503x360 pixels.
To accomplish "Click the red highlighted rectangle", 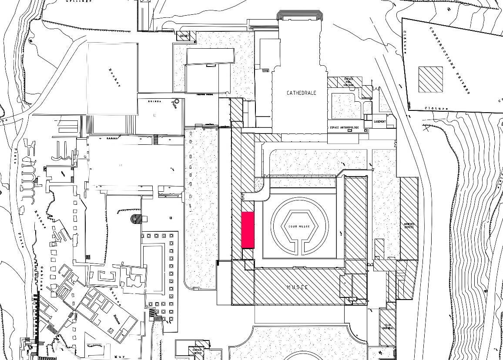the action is pyautogui.click(x=248, y=230).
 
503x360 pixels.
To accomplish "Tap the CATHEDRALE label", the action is pyautogui.click(x=301, y=93).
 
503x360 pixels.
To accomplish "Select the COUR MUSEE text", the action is pyautogui.click(x=299, y=227).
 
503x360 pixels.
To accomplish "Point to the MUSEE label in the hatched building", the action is pyautogui.click(x=298, y=287).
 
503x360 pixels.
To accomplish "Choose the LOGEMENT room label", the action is pyautogui.click(x=379, y=121).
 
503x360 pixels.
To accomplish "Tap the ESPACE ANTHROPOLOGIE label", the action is pyautogui.click(x=344, y=127).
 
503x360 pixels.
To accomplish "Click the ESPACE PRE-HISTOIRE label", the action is pyautogui.click(x=349, y=82).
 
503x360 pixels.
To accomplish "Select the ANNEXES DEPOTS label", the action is pyautogui.click(x=409, y=226).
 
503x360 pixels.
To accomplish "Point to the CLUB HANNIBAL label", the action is pyautogui.click(x=388, y=326).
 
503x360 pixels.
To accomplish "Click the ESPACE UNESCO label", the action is pyautogui.click(x=197, y=350).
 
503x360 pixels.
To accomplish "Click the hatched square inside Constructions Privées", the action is pyautogui.click(x=430, y=80).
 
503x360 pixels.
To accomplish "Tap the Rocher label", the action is pyautogui.click(x=114, y=77).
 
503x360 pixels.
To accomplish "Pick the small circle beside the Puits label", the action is pyautogui.click(x=177, y=101).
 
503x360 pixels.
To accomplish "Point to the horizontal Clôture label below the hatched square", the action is pyautogui.click(x=436, y=108).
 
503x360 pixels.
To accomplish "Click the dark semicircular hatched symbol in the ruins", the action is pyautogui.click(x=136, y=218).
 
